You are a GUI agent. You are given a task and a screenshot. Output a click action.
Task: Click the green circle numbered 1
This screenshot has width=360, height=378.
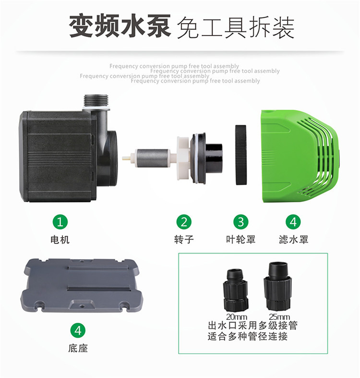[60, 222]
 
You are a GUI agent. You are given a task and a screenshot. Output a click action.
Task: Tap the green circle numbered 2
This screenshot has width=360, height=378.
[184, 222]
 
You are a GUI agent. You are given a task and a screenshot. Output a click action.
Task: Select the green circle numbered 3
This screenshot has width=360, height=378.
[241, 222]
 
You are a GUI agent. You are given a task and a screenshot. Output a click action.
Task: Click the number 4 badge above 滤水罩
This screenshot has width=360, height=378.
[293, 222]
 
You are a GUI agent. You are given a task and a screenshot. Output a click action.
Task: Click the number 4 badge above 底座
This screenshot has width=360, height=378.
[78, 330]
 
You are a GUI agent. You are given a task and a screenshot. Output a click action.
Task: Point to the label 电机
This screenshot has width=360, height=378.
[60, 240]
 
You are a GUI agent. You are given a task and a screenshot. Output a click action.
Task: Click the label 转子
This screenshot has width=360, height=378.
[184, 240]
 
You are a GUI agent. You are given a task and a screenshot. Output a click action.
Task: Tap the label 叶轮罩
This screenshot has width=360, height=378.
[241, 240]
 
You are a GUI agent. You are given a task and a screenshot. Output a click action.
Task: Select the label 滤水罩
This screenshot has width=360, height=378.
[293, 240]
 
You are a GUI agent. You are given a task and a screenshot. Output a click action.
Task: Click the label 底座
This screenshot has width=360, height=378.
[78, 348]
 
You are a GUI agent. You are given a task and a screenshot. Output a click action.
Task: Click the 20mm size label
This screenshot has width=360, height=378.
[237, 317]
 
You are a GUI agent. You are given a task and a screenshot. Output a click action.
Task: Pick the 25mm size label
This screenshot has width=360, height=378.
[279, 317]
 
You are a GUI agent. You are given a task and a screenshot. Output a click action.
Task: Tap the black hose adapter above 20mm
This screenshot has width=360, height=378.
[236, 290]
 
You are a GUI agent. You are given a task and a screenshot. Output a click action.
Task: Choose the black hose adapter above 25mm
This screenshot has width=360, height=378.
[277, 286]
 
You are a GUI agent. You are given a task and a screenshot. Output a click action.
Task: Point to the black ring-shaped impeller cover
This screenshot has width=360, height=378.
[241, 155]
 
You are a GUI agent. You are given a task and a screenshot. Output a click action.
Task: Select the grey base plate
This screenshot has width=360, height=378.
[82, 285]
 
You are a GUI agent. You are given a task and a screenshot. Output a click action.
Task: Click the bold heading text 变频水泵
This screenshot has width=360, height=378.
[120, 26]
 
